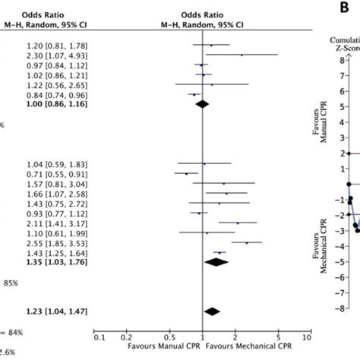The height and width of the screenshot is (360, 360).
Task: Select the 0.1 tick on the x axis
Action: pos(99,336)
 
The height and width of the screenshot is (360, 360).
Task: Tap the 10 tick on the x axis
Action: pos(307,336)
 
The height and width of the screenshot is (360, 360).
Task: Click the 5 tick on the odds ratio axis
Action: pos(279,336)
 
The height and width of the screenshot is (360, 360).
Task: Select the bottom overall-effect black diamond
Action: pos(211,311)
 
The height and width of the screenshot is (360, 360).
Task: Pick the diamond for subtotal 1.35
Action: pos(216,262)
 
